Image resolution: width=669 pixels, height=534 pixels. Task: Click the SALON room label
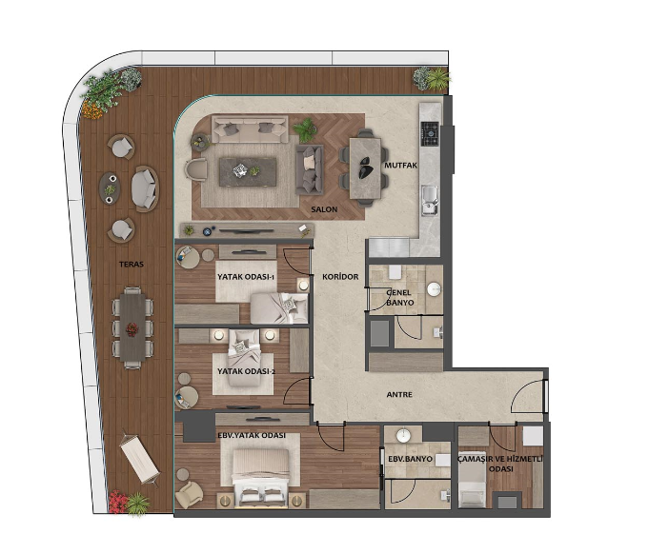[x=324, y=209]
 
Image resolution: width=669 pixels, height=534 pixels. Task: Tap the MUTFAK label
[x=400, y=165]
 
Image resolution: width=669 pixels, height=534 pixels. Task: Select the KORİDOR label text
[x=340, y=277]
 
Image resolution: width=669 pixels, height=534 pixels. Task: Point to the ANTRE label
[x=399, y=395]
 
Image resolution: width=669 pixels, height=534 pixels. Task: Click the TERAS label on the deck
[x=132, y=265]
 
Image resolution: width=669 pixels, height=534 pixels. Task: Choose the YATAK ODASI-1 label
[x=245, y=277]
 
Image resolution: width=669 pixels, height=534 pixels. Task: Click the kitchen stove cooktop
[x=430, y=134]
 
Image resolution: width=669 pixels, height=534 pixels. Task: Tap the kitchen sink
[x=430, y=200]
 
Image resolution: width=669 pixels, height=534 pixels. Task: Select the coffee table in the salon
[x=248, y=171]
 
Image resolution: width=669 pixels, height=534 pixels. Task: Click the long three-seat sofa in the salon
[x=250, y=129]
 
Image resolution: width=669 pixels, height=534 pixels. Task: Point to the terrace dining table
[x=132, y=328]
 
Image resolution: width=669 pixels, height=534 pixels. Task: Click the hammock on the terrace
[x=139, y=457]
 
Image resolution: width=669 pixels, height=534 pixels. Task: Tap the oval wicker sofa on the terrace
[x=145, y=188]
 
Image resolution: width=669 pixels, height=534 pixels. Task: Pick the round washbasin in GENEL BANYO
[x=434, y=289]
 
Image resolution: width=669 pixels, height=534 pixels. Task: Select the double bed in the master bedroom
[x=260, y=478]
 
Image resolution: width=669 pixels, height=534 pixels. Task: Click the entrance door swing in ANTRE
[x=528, y=396]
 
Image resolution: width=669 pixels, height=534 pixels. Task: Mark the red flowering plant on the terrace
[x=117, y=502]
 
